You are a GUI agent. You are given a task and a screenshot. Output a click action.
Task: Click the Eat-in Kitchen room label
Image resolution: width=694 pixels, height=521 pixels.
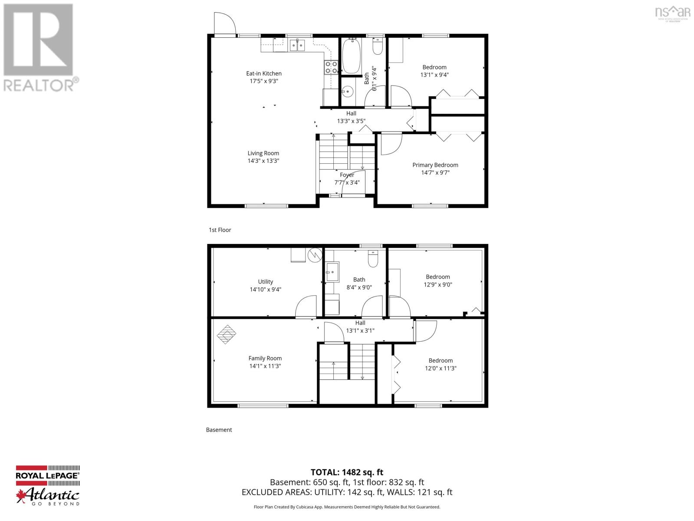coord(263,73)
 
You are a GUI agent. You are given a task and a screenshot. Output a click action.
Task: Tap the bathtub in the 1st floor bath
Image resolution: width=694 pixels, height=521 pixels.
coord(351,56)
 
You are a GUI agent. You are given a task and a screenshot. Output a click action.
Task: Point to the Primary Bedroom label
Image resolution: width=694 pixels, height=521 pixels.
coord(435,165)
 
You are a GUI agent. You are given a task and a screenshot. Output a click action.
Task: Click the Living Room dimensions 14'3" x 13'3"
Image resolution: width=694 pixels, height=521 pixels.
coord(263,161)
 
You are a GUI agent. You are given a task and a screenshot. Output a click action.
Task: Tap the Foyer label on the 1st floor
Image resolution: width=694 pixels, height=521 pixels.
coord(347,175)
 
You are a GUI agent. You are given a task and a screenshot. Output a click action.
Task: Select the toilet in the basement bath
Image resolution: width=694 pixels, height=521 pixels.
coord(373,259)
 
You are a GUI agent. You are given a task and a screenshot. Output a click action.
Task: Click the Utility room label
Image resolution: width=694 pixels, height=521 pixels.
coord(265,281)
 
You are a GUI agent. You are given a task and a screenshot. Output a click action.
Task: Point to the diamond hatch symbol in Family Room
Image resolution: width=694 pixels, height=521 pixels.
coord(227,335)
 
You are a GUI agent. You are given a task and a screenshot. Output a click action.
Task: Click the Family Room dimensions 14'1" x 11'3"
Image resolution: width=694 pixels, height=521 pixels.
coord(265,366)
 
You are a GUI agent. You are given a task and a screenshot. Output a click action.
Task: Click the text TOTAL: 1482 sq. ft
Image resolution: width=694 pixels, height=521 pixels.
coord(347,472)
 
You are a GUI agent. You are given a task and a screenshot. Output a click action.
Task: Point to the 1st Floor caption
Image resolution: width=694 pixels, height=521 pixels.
coord(220,230)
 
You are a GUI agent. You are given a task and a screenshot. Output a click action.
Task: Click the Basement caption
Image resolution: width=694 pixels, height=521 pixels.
coord(219,429)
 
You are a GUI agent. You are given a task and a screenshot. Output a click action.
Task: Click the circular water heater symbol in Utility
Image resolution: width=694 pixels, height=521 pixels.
coord(314,255)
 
